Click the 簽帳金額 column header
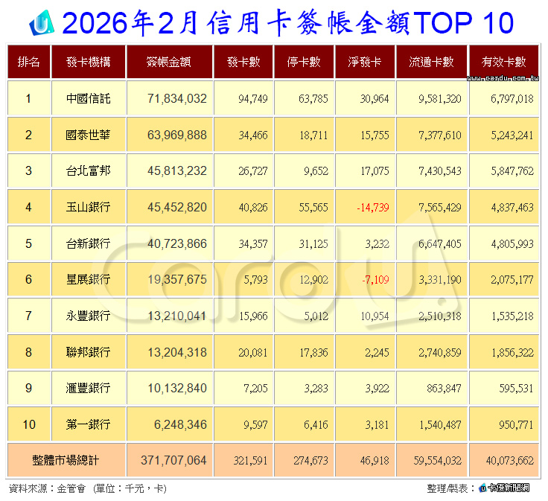170,62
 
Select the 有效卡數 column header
503,62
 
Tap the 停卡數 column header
305,62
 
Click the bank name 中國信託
88,98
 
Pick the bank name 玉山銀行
88,208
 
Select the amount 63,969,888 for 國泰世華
173,135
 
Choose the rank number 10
29,424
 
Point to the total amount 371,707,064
173,462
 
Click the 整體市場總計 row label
65,462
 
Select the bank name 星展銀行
88,280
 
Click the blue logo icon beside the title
41,24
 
